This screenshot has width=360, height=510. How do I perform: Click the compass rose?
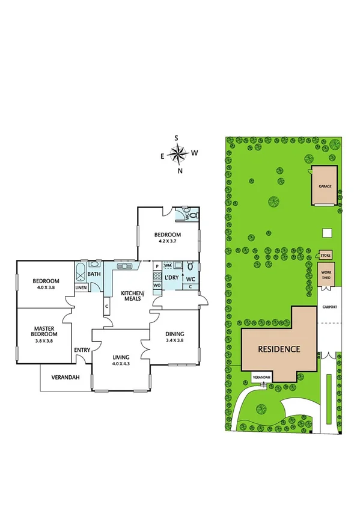(178, 155)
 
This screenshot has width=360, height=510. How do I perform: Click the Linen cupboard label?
(81, 287)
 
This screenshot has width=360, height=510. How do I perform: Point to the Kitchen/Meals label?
(133, 295)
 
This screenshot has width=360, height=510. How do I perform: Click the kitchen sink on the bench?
(125, 265)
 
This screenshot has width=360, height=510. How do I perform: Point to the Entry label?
(82, 350)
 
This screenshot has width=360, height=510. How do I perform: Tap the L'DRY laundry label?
(171, 277)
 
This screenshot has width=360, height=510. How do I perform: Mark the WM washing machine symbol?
(168, 265)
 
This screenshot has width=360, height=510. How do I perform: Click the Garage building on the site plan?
(325, 186)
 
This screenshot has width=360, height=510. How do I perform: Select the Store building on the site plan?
(326, 256)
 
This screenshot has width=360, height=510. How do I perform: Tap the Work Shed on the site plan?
(326, 274)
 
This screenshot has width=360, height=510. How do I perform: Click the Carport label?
(329, 307)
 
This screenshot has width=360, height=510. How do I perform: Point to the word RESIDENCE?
(279, 349)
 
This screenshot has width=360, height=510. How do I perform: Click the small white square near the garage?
(326, 233)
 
